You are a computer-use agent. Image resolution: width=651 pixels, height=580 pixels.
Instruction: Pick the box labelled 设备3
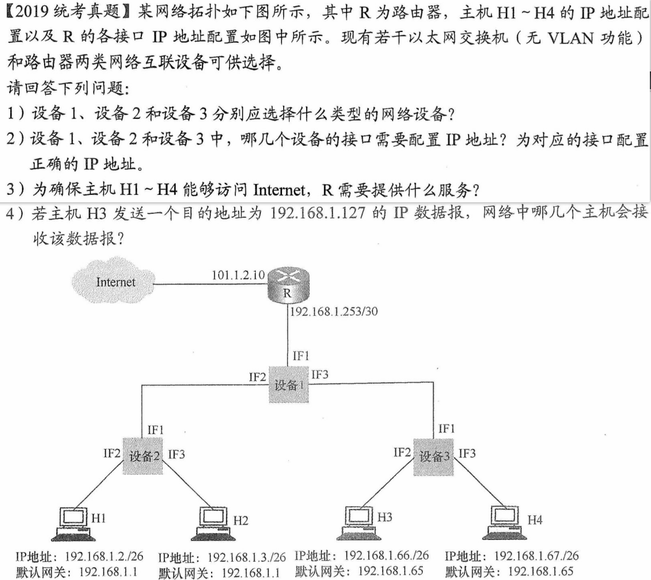[x=436, y=455]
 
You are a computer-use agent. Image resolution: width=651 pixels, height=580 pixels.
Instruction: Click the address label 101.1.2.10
[x=238, y=275]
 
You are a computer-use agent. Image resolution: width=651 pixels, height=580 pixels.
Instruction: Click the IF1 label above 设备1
[x=301, y=355]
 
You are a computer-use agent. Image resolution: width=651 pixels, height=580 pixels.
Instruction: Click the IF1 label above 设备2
[x=156, y=429]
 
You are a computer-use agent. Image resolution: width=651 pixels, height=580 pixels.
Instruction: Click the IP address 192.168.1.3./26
[x=247, y=557]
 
